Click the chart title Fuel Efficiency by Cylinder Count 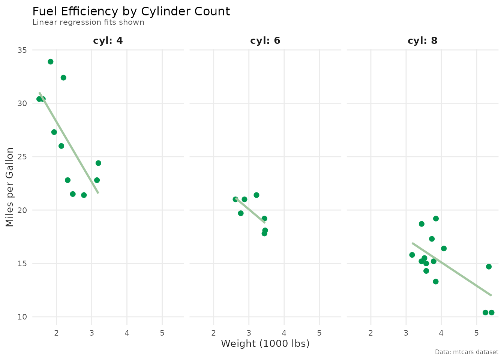coord(131,12)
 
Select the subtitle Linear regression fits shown coord(88,22)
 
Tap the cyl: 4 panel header coord(108,40)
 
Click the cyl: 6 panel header coord(265,40)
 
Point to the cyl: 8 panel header coord(423,40)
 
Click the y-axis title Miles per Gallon coord(10,187)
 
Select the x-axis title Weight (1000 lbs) coord(265,343)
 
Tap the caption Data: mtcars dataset coord(466,352)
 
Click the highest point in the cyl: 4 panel coord(51,61)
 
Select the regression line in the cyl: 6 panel coord(250,211)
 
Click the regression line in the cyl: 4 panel coord(69,143)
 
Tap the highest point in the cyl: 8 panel coord(436,219)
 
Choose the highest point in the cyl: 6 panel coord(256,195)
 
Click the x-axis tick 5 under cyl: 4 coord(162,333)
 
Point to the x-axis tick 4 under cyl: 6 coord(284,333)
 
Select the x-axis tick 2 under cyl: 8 coord(371,333)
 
